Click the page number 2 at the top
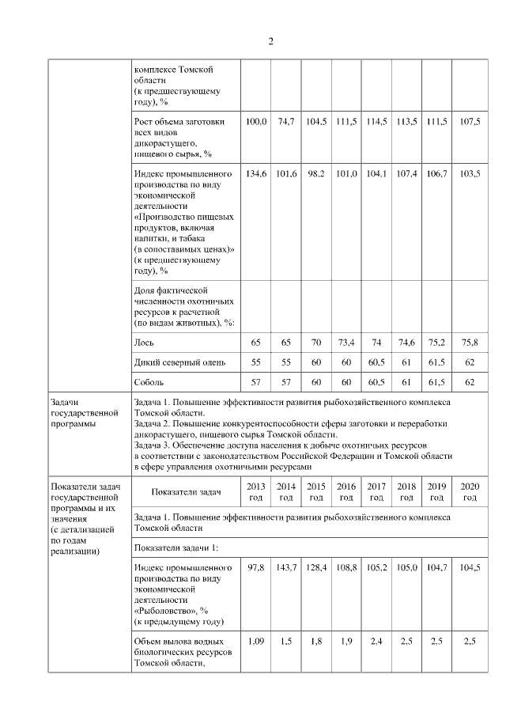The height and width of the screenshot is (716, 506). click(x=270, y=41)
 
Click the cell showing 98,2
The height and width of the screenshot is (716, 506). click(x=316, y=173)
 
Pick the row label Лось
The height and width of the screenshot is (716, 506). click(x=144, y=343)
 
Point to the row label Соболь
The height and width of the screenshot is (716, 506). click(x=150, y=382)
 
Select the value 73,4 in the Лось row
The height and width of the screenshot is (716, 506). click(x=346, y=343)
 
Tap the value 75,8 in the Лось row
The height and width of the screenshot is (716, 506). click(x=470, y=343)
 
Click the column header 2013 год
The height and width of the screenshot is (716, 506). click(x=255, y=491)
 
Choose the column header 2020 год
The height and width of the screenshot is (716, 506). click(x=470, y=491)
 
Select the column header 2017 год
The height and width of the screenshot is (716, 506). click(x=376, y=491)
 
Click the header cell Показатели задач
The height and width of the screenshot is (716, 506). click(x=186, y=491)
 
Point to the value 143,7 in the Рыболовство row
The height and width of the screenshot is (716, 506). click(x=286, y=568)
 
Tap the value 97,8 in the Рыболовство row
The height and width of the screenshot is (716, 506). click(x=255, y=568)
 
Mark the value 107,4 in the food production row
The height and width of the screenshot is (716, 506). click(x=406, y=173)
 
